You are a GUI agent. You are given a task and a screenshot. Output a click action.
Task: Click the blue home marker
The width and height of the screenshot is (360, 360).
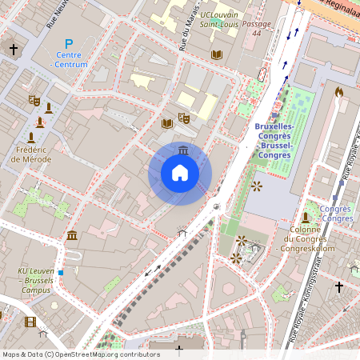(x=180, y=173)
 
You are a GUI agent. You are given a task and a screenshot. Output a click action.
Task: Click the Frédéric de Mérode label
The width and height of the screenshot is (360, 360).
(x=32, y=154)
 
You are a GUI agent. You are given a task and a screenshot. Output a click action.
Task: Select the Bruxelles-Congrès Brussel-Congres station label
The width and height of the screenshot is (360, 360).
(x=274, y=140)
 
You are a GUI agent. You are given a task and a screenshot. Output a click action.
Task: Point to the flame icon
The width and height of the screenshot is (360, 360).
(x=339, y=93)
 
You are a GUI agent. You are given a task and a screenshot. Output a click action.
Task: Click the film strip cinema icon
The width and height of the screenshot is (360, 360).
(x=30, y=322)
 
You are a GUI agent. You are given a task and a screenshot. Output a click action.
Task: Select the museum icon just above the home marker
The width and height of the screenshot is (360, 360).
(x=184, y=150)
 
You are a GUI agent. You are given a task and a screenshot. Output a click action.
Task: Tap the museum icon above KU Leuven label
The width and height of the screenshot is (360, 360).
(x=72, y=234)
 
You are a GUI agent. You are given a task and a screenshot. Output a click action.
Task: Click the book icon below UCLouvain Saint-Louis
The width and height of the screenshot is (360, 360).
(x=216, y=54)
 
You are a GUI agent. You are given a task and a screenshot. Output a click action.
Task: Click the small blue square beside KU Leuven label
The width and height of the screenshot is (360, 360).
(x=61, y=272)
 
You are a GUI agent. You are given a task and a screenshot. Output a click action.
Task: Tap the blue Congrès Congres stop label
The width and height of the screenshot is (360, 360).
(x=335, y=214)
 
